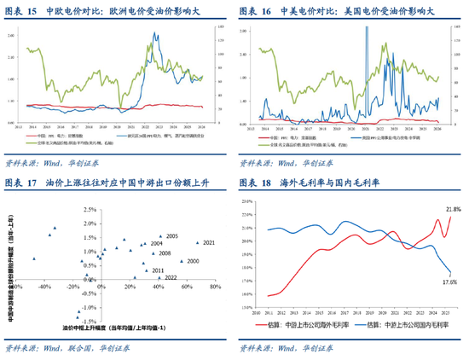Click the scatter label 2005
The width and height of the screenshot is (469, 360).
click(171, 235)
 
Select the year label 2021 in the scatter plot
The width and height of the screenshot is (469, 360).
click(210, 243)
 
